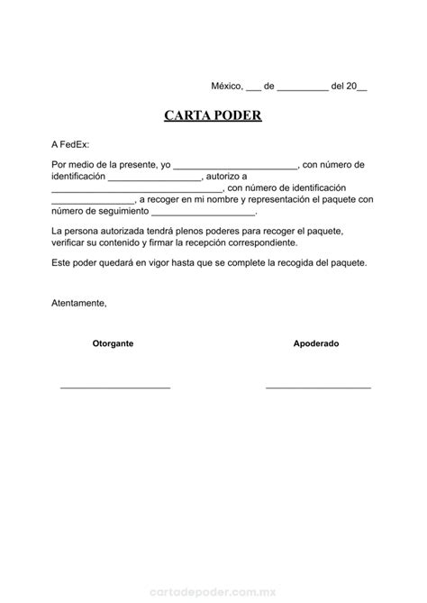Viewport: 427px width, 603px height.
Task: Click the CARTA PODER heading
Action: (213, 116)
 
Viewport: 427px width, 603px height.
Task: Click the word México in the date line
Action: (227, 87)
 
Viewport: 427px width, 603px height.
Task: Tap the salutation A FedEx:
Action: (71, 144)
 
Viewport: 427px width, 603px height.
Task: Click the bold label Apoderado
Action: (316, 343)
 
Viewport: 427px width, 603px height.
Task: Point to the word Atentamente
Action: (79, 303)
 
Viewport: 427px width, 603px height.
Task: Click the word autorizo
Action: (222, 177)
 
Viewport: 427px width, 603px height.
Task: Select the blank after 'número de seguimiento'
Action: (204, 213)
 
